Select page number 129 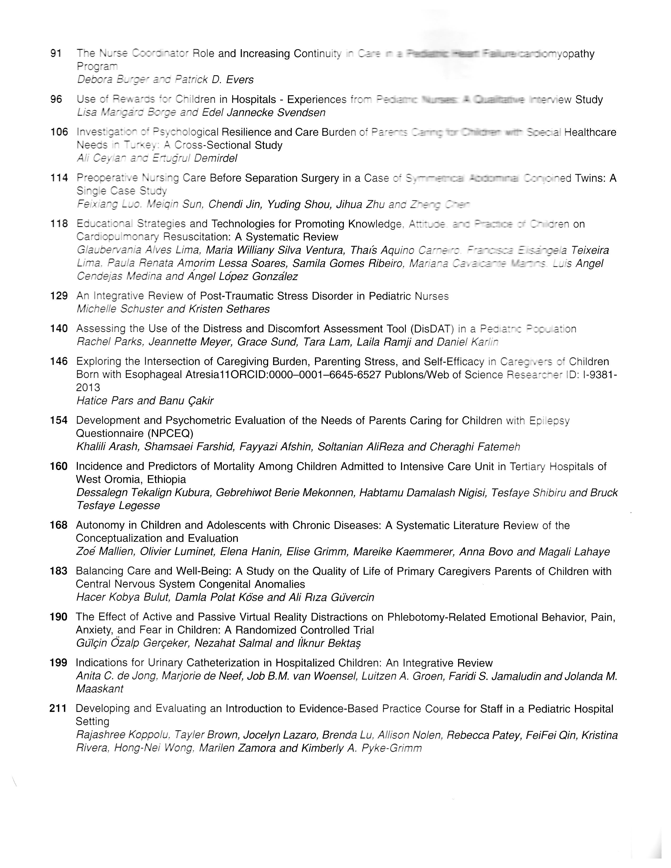point(59,296)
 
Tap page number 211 point(58,708)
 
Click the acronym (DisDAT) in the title point(433,329)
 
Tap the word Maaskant point(99,689)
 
